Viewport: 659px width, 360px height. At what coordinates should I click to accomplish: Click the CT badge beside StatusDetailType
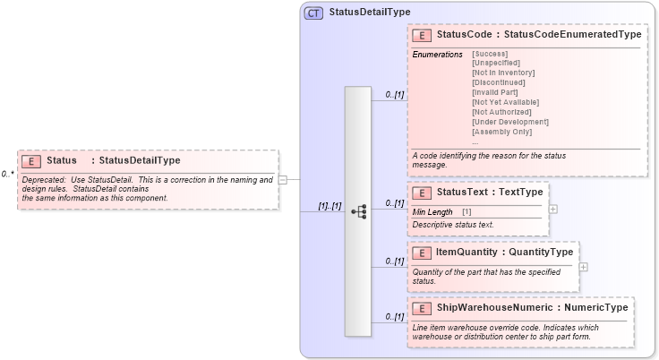coord(313,13)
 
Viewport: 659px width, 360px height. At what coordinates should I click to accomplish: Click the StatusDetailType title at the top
coord(370,13)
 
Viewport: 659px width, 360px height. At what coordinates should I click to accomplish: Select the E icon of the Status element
coord(30,161)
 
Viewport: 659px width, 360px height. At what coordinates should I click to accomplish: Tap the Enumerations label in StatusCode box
coord(437,54)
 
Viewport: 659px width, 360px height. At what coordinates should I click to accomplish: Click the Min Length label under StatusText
coord(432,210)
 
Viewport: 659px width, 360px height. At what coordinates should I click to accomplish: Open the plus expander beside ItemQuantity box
coord(584,266)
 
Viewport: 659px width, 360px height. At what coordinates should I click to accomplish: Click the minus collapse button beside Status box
coord(283,179)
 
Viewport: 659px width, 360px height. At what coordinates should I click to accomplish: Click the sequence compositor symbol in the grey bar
coord(359,212)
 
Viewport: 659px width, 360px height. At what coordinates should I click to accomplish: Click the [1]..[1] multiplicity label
coord(329,206)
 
